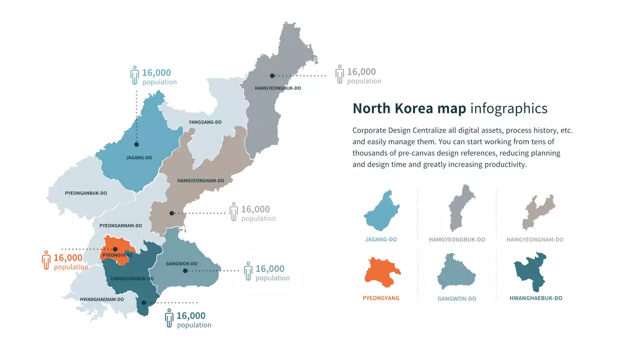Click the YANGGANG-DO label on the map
(205, 122)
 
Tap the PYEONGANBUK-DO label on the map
(86, 193)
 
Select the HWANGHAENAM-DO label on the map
(101, 299)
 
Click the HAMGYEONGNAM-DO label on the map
(200, 181)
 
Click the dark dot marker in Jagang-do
(136, 144)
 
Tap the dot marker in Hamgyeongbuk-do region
(272, 76)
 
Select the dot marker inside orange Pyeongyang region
(115, 249)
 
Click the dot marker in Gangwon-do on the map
(185, 271)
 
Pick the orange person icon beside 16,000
(46, 260)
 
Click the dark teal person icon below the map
(169, 318)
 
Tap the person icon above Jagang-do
(134, 75)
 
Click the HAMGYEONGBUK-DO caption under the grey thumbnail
(456, 239)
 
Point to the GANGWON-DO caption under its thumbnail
(456, 298)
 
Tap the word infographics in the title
(508, 108)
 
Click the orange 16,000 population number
(67, 258)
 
